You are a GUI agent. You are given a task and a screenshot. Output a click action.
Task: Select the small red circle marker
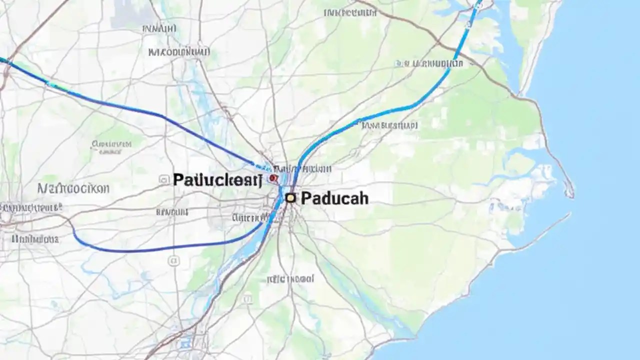coord(272,177)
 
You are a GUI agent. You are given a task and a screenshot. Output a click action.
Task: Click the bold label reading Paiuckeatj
coord(217,180)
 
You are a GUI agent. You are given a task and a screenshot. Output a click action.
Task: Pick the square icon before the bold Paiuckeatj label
coord(163,179)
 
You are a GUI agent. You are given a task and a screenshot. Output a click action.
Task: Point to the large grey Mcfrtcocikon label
coord(73,188)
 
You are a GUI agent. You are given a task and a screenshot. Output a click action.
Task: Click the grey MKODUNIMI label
coord(179,51)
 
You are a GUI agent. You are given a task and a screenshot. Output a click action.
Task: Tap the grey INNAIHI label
coord(159,29)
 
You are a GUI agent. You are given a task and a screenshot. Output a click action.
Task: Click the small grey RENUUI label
coord(171,212)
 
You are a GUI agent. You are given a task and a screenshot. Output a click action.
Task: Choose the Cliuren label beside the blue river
coord(245,217)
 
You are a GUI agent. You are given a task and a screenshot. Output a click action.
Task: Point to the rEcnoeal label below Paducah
coord(290,278)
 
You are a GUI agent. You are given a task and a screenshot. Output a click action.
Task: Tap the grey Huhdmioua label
coord(35,239)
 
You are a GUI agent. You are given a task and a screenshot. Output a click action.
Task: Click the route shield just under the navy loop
coord(173,260)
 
